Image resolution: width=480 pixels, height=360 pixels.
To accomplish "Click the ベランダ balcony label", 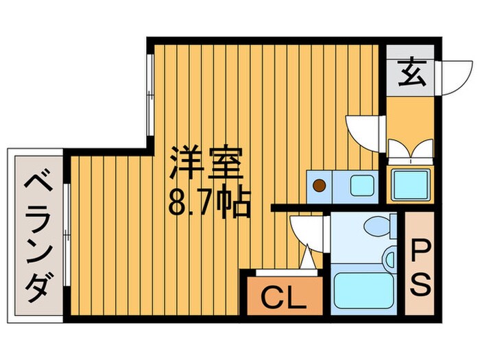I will tap(35, 237).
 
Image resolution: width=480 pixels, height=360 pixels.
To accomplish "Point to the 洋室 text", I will tap(205, 164).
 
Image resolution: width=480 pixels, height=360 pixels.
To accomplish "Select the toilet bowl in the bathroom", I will tap(376, 226).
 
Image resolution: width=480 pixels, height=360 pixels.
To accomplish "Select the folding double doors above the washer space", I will tap(410, 149).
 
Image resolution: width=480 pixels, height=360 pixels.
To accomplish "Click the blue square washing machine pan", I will tap(410, 184).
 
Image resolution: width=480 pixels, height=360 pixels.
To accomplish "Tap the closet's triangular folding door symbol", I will tap(307, 261).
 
